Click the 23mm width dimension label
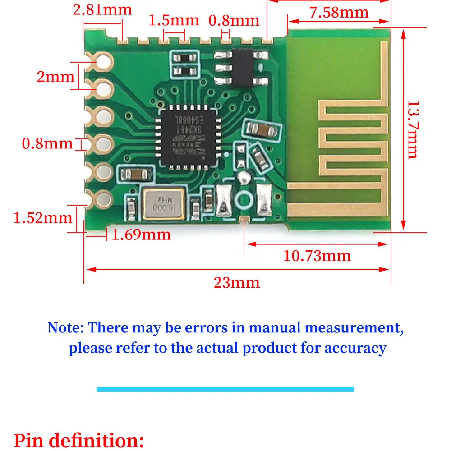[237, 283]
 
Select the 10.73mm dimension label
[317, 256]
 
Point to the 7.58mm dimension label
[339, 13]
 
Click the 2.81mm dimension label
[102, 9]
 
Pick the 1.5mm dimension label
[174, 20]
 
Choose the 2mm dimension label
[55, 77]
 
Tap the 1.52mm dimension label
[43, 218]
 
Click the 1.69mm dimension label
[141, 235]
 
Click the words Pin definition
[79, 440]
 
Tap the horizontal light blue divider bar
[225, 389]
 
